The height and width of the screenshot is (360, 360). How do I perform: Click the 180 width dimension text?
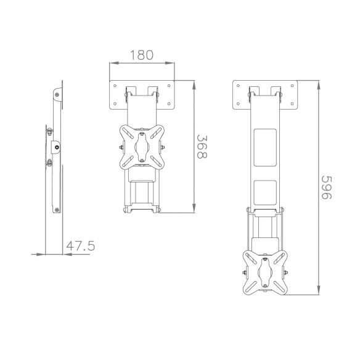tap(141, 54)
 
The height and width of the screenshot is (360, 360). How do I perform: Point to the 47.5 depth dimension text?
tap(80, 246)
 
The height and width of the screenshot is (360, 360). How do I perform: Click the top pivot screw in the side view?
tap(57, 94)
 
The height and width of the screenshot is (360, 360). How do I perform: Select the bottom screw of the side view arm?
tap(57, 209)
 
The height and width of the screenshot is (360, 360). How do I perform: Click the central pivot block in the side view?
tap(57, 147)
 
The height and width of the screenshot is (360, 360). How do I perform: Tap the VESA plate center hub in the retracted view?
tap(141, 147)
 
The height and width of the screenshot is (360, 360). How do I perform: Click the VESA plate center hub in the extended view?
tap(266, 272)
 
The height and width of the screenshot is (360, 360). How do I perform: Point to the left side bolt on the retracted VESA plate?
tap(120, 147)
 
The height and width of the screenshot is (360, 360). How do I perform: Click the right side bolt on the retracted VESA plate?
tap(163, 147)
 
